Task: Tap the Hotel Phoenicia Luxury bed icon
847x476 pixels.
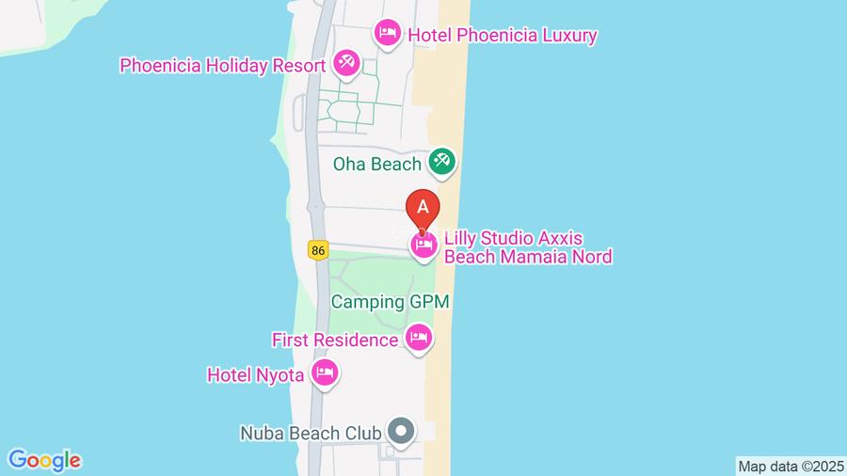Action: [386, 34]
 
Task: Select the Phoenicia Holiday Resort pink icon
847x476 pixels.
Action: [345, 64]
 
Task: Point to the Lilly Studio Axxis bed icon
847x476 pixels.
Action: [423, 246]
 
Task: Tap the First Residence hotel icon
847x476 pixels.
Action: [418, 337]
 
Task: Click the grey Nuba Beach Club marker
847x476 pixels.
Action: [402, 432]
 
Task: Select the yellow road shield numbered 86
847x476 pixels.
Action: [319, 249]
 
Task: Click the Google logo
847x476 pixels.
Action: [44, 460]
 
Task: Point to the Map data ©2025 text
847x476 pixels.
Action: [790, 466]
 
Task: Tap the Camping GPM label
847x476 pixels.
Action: [391, 303]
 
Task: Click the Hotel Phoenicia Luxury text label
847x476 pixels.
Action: [502, 36]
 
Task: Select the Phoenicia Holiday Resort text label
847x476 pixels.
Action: [222, 66]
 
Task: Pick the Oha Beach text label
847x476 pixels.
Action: [376, 164]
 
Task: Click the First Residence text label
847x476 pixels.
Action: [335, 339]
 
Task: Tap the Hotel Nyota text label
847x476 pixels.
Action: [255, 375]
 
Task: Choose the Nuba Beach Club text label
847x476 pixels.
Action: [310, 434]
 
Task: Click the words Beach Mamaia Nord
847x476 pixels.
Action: [528, 256]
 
